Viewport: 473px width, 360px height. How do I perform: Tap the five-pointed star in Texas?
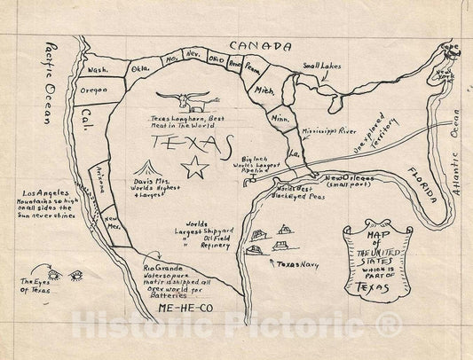coord(195,166)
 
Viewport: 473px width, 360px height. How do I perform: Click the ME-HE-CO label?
coord(186,306)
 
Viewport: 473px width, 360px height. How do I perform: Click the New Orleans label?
coord(348,179)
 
